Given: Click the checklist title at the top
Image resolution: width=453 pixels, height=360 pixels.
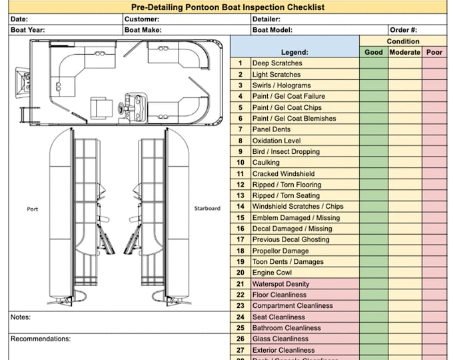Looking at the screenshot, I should (x=226, y=7).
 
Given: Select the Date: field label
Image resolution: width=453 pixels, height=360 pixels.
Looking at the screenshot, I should (x=20, y=19).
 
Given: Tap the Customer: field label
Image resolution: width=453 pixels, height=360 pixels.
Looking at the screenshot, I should (x=141, y=19).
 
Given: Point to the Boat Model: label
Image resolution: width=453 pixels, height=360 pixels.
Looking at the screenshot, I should (x=272, y=30).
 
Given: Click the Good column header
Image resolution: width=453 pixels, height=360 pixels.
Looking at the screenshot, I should (x=374, y=52).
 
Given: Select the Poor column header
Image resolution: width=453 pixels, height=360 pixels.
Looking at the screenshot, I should (x=434, y=52).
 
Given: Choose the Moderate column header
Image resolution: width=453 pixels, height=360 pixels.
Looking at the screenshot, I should (x=405, y=52).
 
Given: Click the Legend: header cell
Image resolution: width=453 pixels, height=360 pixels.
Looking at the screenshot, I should (x=294, y=52).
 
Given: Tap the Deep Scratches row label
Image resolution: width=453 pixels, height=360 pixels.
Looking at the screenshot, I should (x=276, y=63).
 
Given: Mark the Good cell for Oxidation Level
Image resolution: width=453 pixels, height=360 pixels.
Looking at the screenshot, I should (x=374, y=141).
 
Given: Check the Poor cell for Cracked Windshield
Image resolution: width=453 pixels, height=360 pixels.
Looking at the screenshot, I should (x=434, y=173).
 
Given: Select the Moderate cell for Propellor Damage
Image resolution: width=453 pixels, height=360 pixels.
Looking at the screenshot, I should (x=405, y=251).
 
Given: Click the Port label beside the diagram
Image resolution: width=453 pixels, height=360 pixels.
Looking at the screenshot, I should (x=32, y=209).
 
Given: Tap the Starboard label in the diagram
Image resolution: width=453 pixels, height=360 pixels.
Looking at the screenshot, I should (x=207, y=209).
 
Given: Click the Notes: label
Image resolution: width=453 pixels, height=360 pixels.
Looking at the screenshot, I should (x=21, y=317).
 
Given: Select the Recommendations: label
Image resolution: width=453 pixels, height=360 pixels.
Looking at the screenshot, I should (x=40, y=339).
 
